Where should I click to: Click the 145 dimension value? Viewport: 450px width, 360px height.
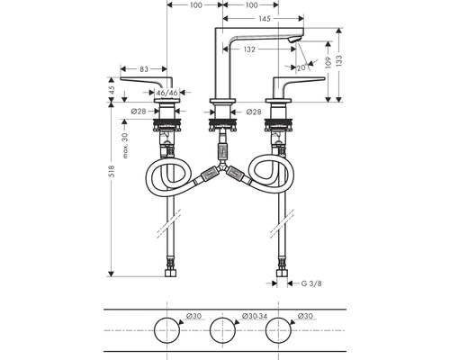tap(264, 19)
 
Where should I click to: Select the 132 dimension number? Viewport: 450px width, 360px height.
tap(249, 49)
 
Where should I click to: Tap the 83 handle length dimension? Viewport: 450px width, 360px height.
tap(144, 69)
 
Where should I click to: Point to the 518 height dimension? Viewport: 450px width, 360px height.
tap(112, 171)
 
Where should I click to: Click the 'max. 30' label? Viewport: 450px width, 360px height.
tap(125, 146)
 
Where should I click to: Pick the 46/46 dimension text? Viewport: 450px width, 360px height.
tap(167, 93)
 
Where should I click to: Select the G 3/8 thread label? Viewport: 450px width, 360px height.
tap(311, 283)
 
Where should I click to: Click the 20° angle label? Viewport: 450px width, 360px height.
tap(301, 68)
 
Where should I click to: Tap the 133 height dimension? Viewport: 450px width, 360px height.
tap(339, 61)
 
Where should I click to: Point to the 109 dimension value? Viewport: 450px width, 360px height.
tap(328, 63)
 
